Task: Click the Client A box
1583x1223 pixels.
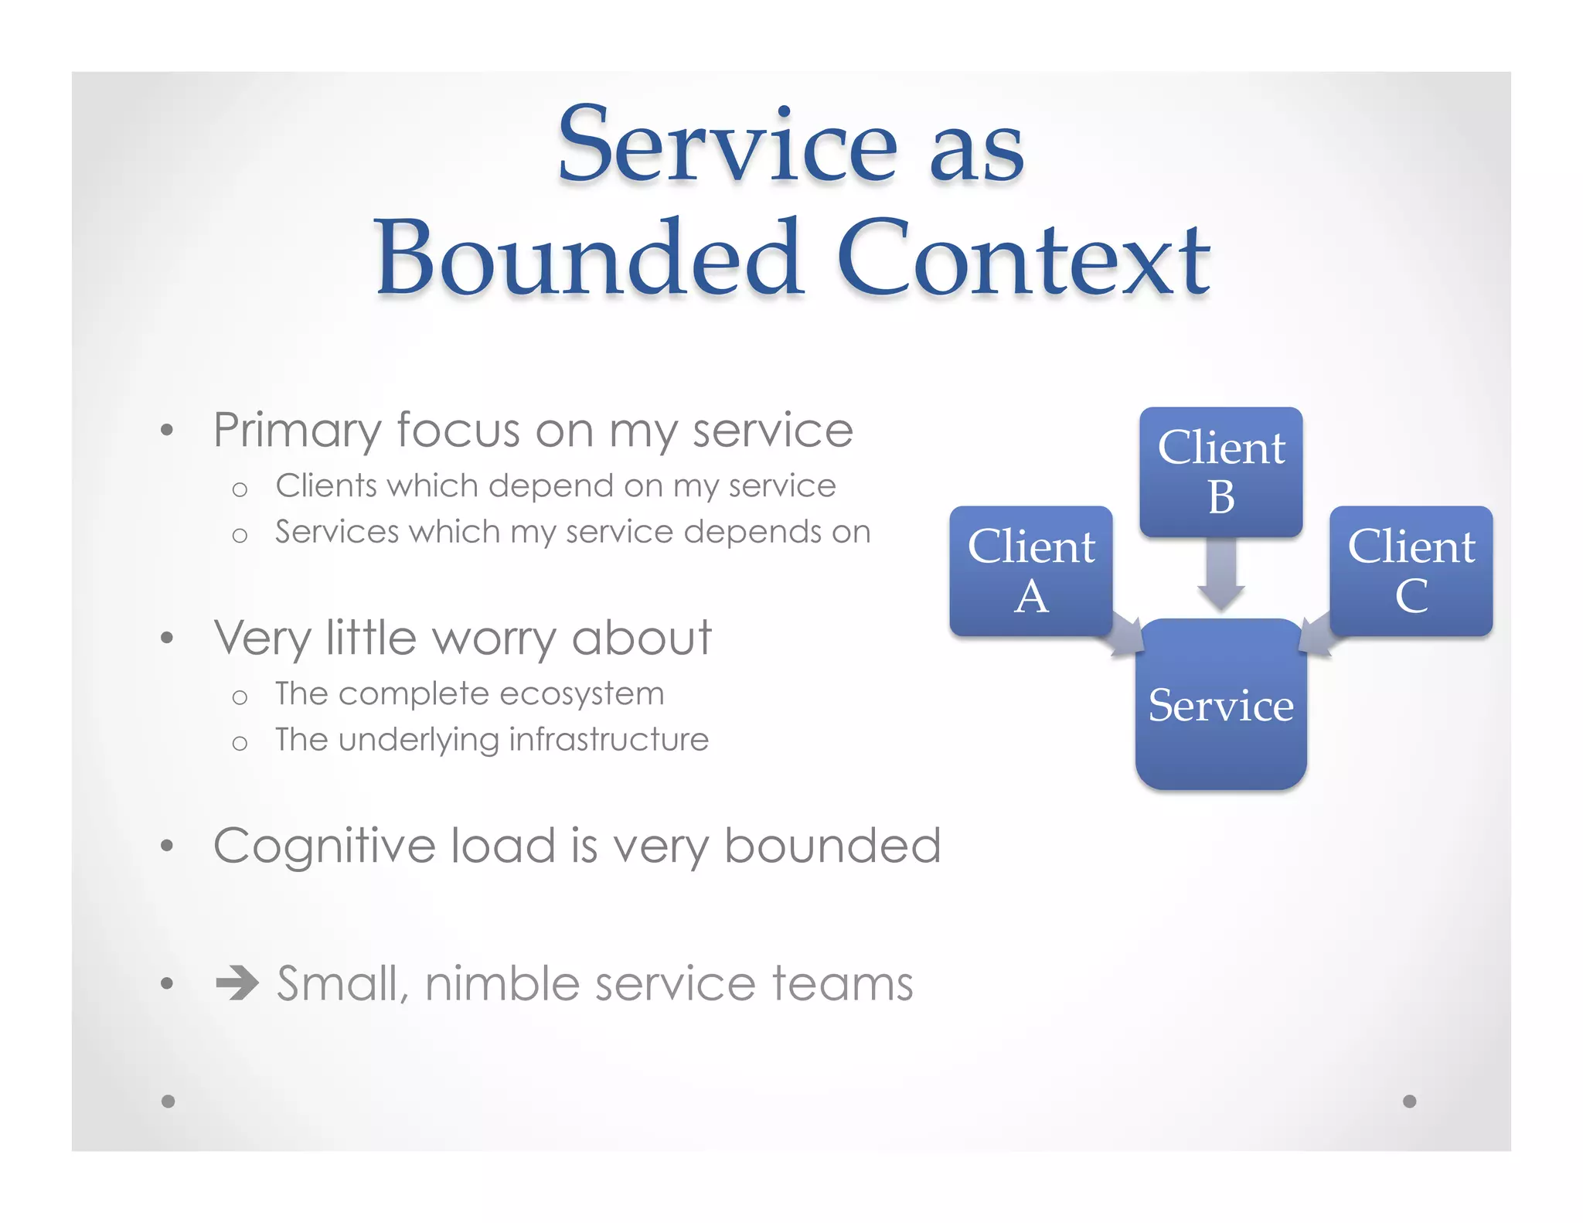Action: pos(1030,571)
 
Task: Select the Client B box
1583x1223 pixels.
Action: pos(1220,472)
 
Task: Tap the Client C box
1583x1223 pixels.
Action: pos(1411,571)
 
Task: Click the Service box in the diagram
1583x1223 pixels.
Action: pos(1220,704)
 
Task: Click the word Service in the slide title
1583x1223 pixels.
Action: pos(727,145)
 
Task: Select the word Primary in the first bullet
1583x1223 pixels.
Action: pos(297,431)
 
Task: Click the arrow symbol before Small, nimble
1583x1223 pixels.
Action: pos(237,983)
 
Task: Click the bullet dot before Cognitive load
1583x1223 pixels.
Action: pos(167,846)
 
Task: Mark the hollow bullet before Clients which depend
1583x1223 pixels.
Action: pos(240,489)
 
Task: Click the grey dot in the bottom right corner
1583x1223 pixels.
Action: pos(1409,1101)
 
